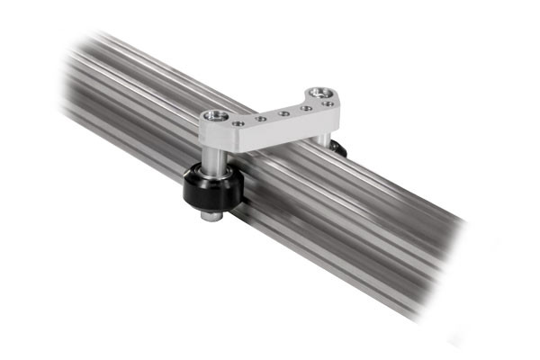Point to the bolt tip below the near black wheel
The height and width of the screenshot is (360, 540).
click(x=209, y=217)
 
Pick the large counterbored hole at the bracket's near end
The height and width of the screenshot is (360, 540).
click(x=214, y=115)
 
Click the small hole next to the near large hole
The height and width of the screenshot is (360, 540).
click(x=238, y=121)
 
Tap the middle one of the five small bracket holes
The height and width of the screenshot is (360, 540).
click(x=283, y=113)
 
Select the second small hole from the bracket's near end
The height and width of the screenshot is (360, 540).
click(x=260, y=117)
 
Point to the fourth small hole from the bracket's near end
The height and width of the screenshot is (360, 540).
click(x=306, y=108)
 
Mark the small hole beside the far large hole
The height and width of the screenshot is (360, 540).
click(x=328, y=104)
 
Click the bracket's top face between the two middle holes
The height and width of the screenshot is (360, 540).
click(x=271, y=115)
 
